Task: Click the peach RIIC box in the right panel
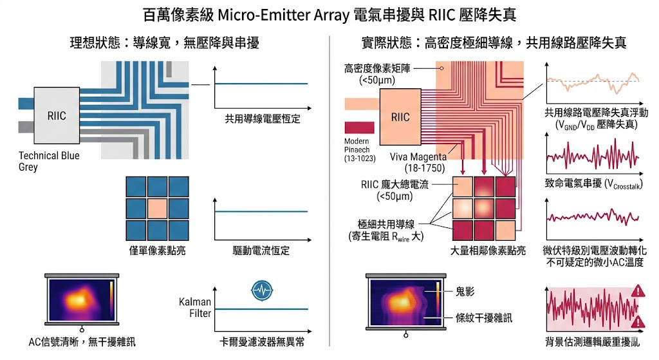coord(400,117)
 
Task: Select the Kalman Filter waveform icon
coord(261,290)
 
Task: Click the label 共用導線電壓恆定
coord(263,119)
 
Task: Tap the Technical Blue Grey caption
coord(49,161)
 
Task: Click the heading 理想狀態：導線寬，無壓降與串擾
coord(164,43)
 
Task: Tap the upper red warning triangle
coord(639,291)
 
